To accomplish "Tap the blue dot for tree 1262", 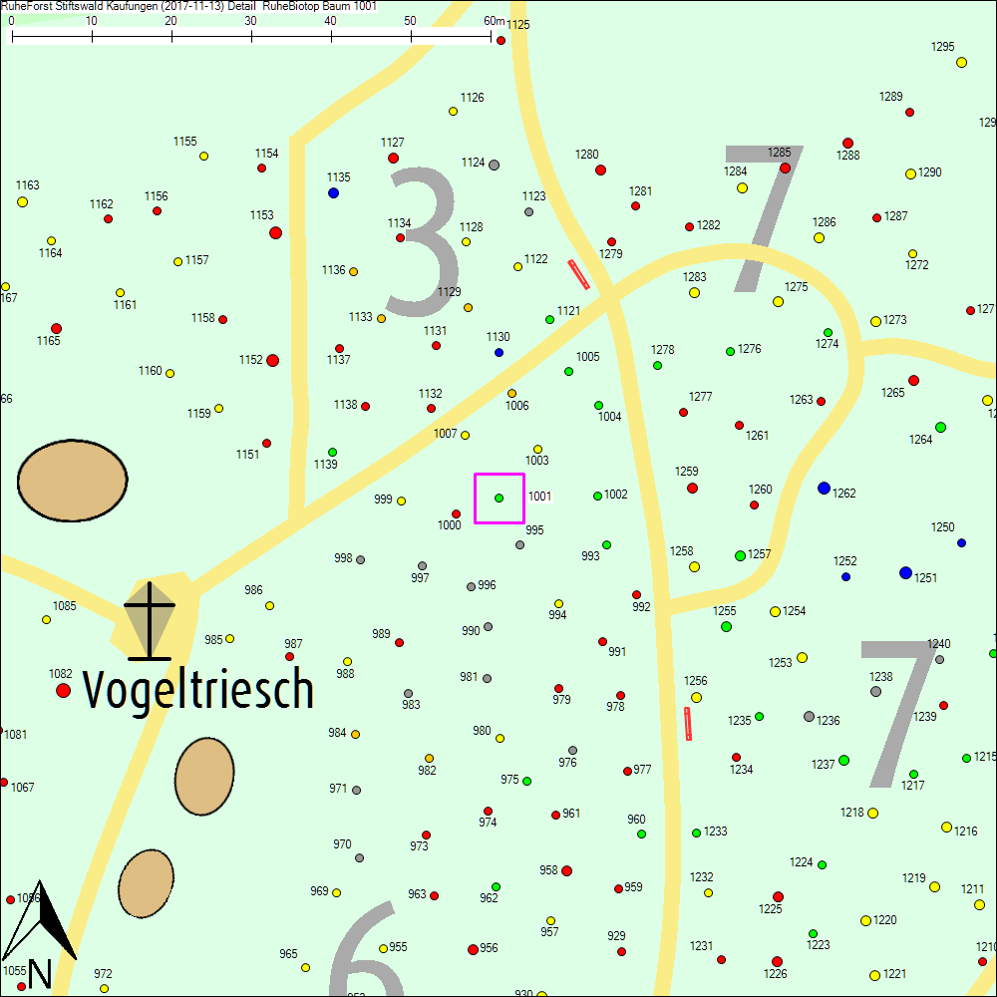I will pos(824,488).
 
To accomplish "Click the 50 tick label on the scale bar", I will pos(411,21).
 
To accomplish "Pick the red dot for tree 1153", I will pos(275,232).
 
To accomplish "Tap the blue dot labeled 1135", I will pos(334,192).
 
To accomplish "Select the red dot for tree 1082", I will pos(64,690).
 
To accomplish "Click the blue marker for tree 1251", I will pos(905,572).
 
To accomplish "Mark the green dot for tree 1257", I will pos(740,555).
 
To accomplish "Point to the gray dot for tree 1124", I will pos(494,165).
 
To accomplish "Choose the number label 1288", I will pos(848,156).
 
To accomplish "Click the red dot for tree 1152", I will pos(272,360).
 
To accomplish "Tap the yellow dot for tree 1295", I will pos(962,62).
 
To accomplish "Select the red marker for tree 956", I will pos(473,949).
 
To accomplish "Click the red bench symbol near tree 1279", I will pos(578,274).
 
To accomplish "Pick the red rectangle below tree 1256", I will pos(688,724).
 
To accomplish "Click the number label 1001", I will pos(539,496).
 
